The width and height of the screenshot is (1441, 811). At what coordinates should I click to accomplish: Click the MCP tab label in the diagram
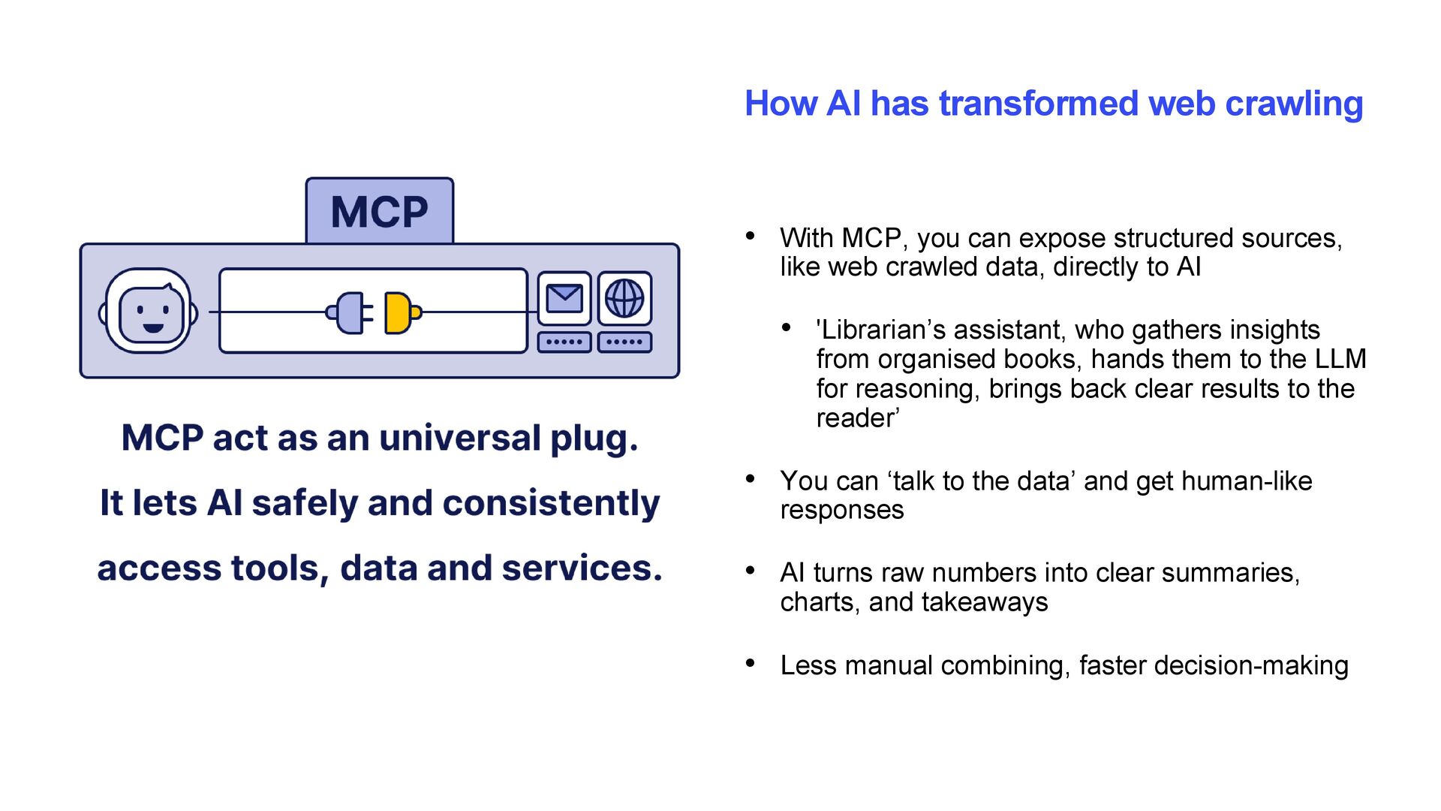379,212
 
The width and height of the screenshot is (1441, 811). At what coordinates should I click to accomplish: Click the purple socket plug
348,312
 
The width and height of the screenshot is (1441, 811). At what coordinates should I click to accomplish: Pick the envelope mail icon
564,298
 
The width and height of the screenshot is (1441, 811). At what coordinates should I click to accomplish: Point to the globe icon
624,298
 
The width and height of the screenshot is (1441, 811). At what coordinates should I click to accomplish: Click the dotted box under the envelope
564,342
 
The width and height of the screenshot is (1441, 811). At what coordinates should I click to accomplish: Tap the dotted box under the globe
624,342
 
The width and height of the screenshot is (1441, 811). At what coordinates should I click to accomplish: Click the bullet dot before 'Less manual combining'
750,663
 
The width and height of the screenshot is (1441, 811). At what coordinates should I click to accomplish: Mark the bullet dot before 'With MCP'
750,236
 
